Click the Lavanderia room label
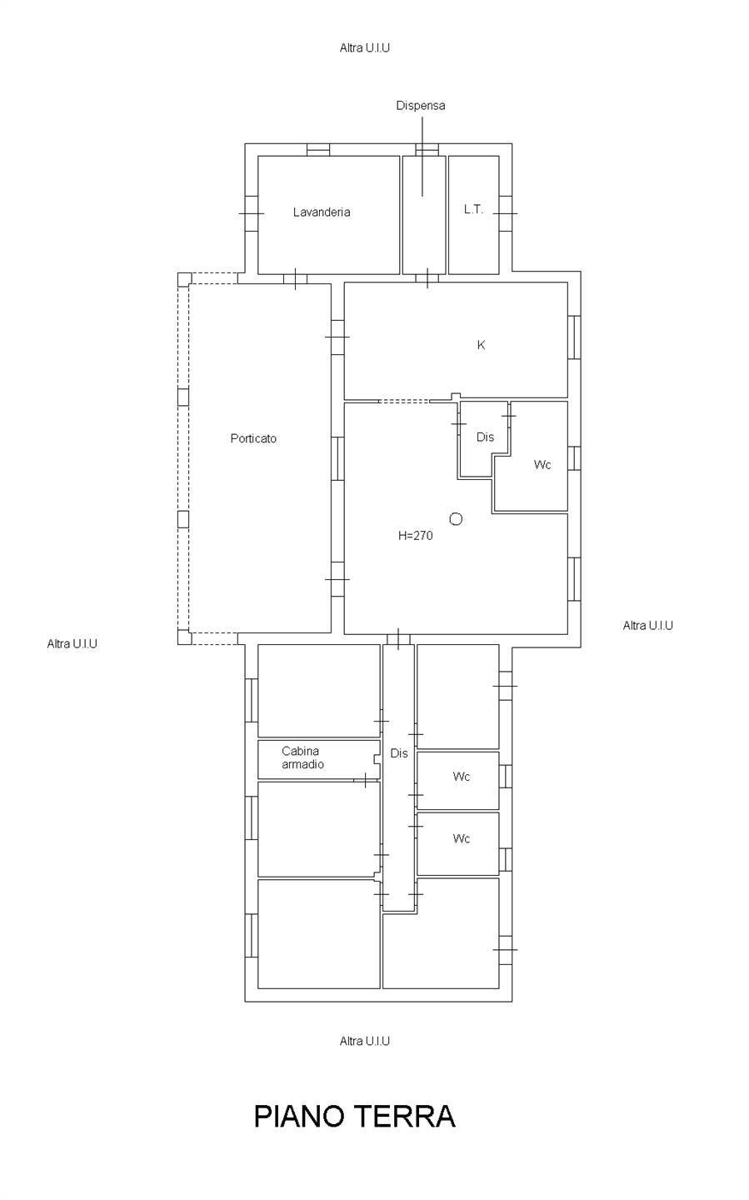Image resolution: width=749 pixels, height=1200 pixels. tap(322, 212)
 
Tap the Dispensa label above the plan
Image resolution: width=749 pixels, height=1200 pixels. tap(421, 106)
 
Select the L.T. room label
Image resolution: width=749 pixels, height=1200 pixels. tap(473, 209)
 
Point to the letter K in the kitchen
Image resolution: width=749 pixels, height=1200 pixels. tap(481, 344)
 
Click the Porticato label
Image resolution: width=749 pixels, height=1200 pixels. tap(253, 438)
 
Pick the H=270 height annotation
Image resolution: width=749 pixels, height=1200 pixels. tap(415, 537)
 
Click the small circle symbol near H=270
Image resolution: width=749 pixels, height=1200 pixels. tap(455, 518)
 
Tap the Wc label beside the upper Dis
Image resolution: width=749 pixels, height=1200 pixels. tap(542, 464)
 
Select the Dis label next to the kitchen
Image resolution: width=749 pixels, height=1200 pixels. tap(485, 437)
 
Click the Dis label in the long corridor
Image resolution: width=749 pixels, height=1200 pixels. tap(399, 753)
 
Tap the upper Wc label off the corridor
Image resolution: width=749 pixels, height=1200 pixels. tap(462, 777)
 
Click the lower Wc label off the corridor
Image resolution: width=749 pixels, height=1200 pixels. tap(462, 838)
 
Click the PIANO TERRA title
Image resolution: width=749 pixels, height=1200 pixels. tap(354, 1116)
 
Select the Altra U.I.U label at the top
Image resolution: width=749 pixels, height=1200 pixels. tap(364, 48)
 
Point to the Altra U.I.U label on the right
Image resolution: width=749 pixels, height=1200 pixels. tap(648, 625)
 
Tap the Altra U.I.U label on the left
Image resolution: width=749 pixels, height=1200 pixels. tap(72, 643)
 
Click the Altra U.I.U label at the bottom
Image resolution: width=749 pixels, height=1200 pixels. tap(364, 1041)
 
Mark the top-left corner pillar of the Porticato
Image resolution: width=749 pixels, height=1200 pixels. tap(184, 279)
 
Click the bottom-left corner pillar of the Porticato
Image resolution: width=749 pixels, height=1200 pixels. tap(184, 637)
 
